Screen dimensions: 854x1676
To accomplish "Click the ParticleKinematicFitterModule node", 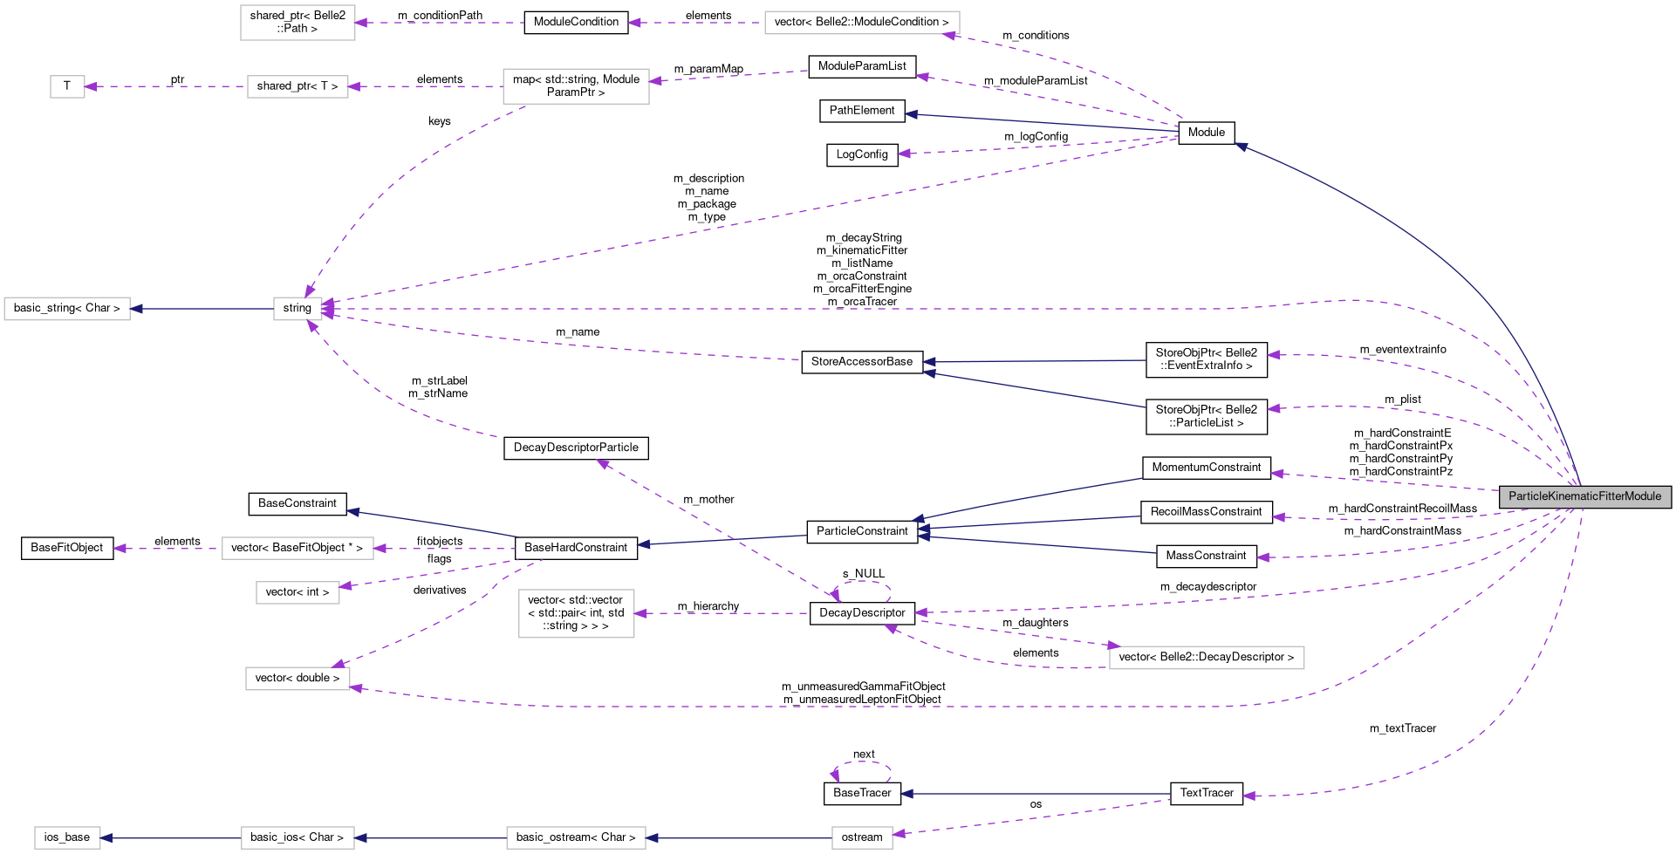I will [1584, 496].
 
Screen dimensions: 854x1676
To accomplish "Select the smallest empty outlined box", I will [67, 87].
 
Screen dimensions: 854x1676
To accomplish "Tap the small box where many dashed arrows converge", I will [298, 309].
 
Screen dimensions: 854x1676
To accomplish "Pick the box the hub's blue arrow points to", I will [67, 309].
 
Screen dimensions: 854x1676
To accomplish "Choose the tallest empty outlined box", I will [576, 613].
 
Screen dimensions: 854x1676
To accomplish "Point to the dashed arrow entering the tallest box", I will [724, 613].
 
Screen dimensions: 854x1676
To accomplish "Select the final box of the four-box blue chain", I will [67, 838].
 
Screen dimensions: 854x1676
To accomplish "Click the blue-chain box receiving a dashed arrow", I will [862, 838].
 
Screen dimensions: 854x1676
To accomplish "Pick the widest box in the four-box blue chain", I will [576, 838].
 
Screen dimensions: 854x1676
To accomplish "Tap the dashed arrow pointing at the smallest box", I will [166, 86].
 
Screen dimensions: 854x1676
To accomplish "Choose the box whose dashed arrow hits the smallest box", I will [298, 87].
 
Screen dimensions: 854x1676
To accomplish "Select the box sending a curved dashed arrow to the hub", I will [576, 86].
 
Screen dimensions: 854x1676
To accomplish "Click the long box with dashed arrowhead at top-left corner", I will [1207, 658].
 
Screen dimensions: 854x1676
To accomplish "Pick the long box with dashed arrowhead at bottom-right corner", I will [862, 23].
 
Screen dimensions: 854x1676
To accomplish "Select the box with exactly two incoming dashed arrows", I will [298, 679].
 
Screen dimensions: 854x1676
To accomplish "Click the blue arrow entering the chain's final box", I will [171, 838].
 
